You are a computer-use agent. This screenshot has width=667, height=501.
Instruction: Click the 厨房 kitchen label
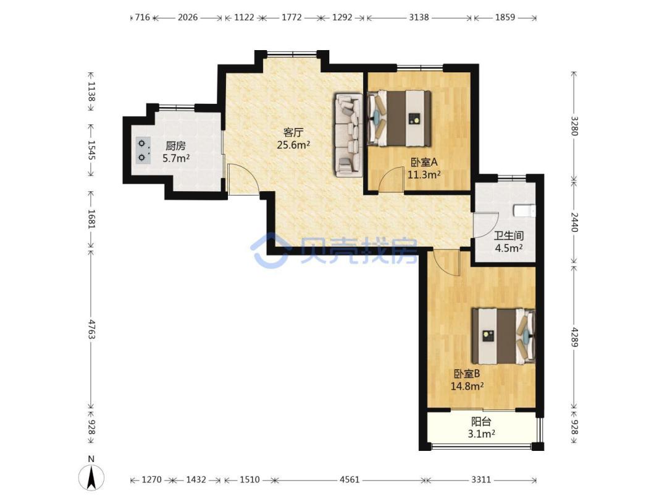coord(175,146)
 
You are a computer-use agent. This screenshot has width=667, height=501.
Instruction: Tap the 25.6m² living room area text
coord(293,145)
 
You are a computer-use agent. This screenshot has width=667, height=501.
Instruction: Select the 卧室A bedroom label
coord(424,162)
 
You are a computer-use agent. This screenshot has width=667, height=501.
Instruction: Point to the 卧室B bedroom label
coord(467,374)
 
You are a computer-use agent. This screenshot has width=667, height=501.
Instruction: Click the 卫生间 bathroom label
coord(508,236)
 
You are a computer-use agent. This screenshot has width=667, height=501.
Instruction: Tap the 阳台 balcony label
coord(481,422)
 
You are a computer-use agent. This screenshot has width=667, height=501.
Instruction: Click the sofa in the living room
coord(348,135)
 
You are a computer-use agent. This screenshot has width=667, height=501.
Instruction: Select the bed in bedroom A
coord(399,118)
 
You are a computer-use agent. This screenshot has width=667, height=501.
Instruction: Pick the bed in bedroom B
coord(504,336)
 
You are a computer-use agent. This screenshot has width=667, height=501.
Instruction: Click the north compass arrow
coord(91,477)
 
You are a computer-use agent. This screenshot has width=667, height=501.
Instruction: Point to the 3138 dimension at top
coord(419,17)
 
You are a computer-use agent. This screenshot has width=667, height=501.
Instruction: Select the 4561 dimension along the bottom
coord(349,480)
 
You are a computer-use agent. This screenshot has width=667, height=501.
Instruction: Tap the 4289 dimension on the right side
coord(574,337)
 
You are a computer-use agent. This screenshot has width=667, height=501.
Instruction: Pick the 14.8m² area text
coord(467,387)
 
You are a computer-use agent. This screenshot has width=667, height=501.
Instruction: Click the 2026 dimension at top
coord(188,17)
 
